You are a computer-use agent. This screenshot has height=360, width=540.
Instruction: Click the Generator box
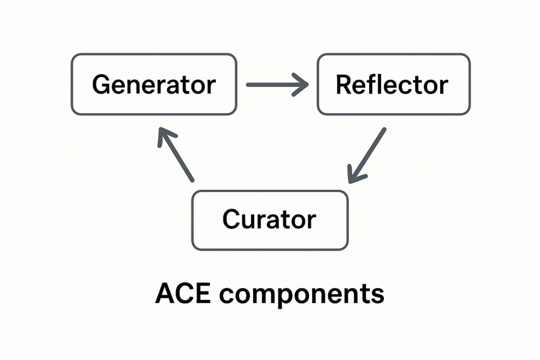(154, 84)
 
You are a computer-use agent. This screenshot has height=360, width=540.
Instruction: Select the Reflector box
(393, 84)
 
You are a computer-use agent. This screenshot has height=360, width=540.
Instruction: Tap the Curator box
(269, 220)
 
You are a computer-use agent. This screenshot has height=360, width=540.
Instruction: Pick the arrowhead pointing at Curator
(353, 177)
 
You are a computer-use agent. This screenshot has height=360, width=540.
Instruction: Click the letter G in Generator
(101, 84)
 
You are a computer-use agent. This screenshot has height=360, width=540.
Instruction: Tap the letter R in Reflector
(344, 84)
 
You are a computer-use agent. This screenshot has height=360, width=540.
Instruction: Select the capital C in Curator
(231, 219)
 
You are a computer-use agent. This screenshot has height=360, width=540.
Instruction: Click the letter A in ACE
(165, 294)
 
